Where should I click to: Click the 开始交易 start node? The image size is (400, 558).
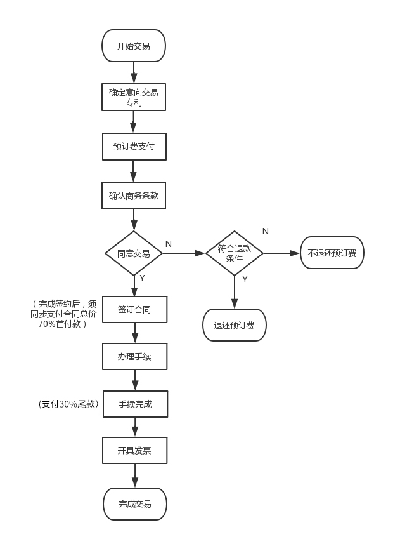pyautogui.click(x=134, y=46)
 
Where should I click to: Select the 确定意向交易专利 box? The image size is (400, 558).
pyautogui.click(x=134, y=97)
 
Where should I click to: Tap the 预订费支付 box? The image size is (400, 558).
pyautogui.click(x=134, y=147)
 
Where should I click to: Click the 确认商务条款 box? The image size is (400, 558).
pyautogui.click(x=134, y=196)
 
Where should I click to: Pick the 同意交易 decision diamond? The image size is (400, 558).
pyautogui.click(x=134, y=253)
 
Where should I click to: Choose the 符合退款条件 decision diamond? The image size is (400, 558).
pyautogui.click(x=235, y=253)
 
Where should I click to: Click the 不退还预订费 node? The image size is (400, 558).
pyautogui.click(x=332, y=253)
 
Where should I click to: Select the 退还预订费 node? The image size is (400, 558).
pyautogui.click(x=235, y=325)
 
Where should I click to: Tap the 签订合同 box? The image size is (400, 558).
pyautogui.click(x=134, y=309)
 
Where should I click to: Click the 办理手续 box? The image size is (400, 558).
pyautogui.click(x=134, y=356)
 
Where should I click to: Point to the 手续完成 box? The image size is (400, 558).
pyautogui.click(x=135, y=404)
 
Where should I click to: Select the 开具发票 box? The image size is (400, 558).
pyautogui.click(x=134, y=450)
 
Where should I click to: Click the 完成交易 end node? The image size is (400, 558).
pyautogui.click(x=135, y=504)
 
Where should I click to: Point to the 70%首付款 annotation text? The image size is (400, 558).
pyautogui.click(x=62, y=324)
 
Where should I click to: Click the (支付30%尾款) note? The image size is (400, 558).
pyautogui.click(x=68, y=404)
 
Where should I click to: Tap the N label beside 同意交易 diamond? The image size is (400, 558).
pyautogui.click(x=169, y=244)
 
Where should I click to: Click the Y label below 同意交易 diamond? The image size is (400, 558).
pyautogui.click(x=142, y=278)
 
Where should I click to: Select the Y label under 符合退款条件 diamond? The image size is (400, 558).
pyautogui.click(x=245, y=279)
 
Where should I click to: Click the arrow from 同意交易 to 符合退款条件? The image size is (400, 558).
pyautogui.click(x=184, y=253)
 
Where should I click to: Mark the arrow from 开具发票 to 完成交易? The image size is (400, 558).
pyautogui.click(x=134, y=475)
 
